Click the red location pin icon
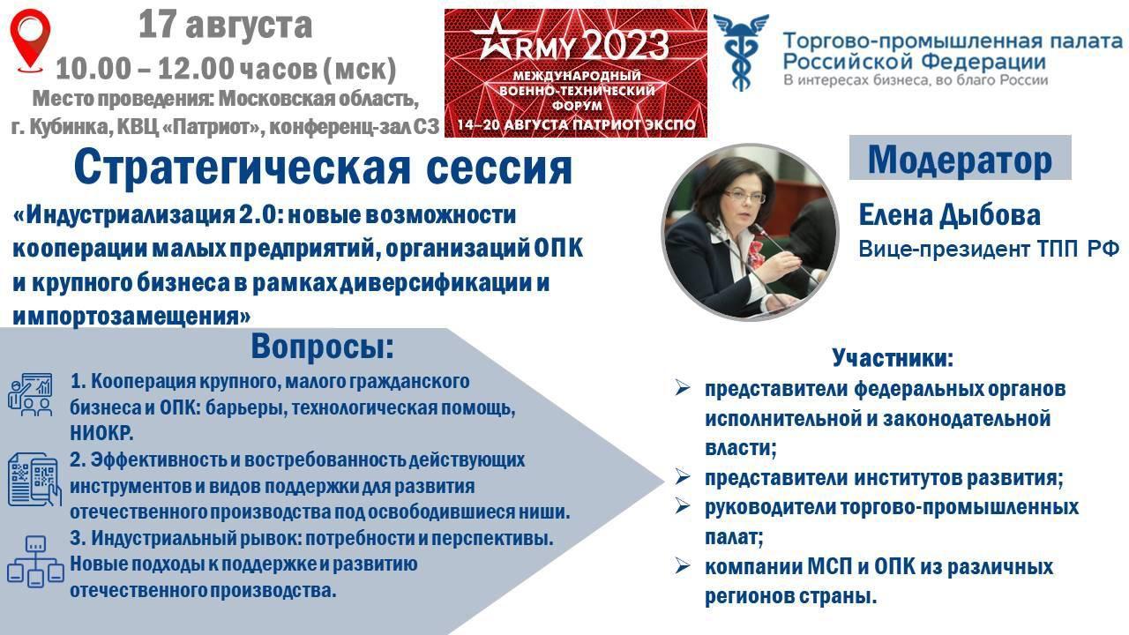(30, 41)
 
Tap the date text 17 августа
(225, 26)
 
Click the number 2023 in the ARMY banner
(627, 45)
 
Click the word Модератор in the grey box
(960, 161)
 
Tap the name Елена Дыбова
(950, 214)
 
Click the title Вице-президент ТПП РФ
(989, 249)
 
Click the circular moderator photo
(751, 232)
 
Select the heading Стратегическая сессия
(323, 168)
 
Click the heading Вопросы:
(322, 347)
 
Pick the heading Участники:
(893, 357)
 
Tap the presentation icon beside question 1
(30, 394)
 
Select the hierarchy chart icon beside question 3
(35, 562)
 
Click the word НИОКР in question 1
(100, 433)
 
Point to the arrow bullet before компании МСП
(683, 566)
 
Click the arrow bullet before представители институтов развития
(683, 477)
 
